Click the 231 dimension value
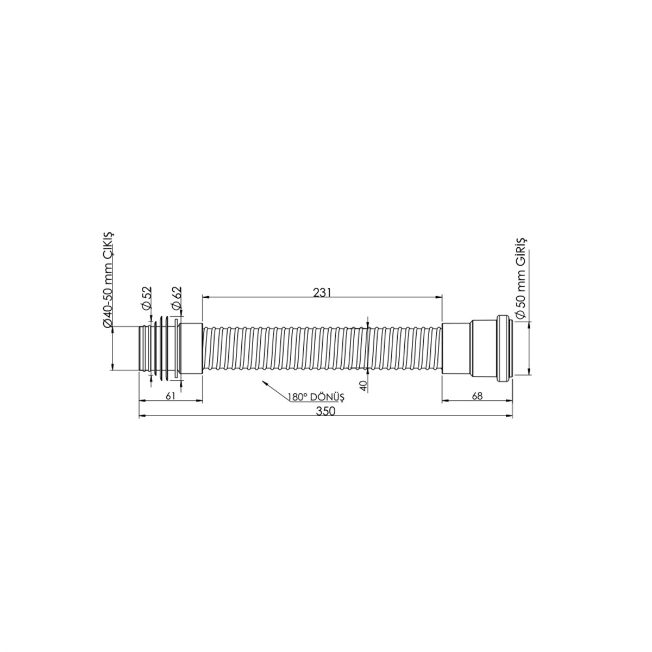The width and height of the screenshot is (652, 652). click(322, 293)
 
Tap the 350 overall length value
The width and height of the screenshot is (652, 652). click(325, 411)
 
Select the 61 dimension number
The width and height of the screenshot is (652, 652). click(171, 396)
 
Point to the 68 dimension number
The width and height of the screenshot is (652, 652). click(477, 396)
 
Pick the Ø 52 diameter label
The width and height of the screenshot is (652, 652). click(147, 298)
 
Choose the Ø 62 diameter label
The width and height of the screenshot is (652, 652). click(177, 298)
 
